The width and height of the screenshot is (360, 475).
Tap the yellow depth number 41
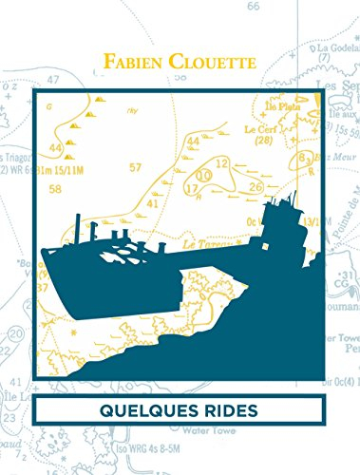pyautogui.click(x=152, y=203)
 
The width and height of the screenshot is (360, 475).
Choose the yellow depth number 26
pyautogui.click(x=255, y=186)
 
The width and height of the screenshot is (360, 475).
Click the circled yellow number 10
pyautogui.click(x=203, y=176)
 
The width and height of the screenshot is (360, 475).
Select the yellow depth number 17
pyautogui.click(x=192, y=188)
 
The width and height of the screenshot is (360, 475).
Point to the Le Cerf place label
pyautogui.click(x=257, y=128)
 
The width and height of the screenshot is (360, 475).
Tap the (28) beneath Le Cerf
pyautogui.click(x=265, y=141)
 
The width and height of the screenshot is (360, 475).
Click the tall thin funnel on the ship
pyautogui.click(x=78, y=228)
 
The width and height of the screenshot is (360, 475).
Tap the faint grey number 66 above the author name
pyautogui.click(x=253, y=7)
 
